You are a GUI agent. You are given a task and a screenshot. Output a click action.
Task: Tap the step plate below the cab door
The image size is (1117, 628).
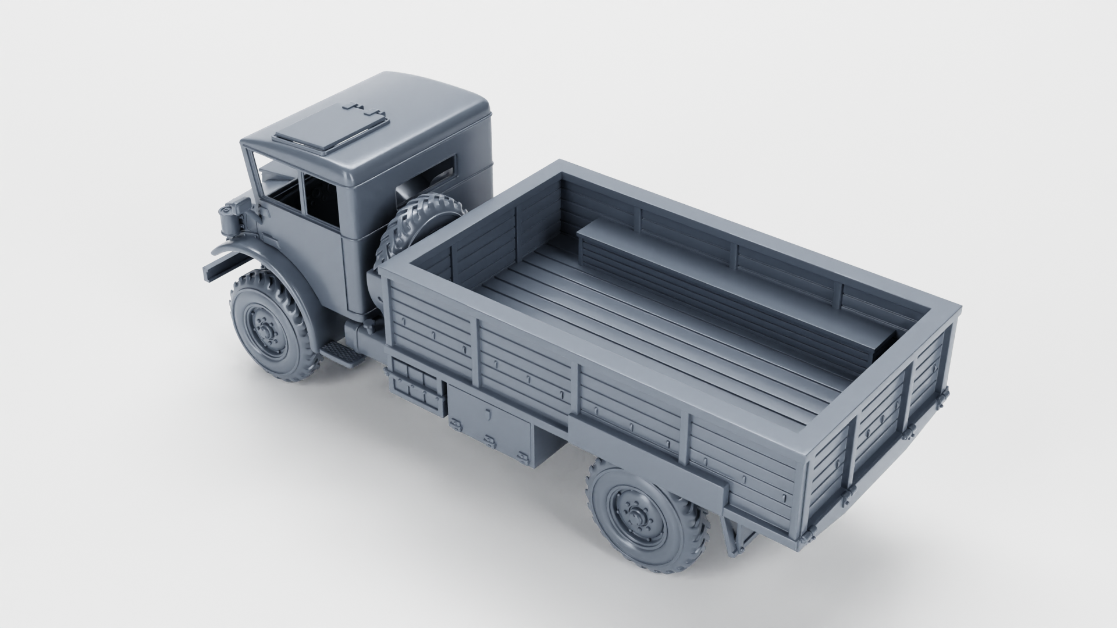(x=344, y=352)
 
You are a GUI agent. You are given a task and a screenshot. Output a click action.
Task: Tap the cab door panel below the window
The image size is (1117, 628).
(x=317, y=256)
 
